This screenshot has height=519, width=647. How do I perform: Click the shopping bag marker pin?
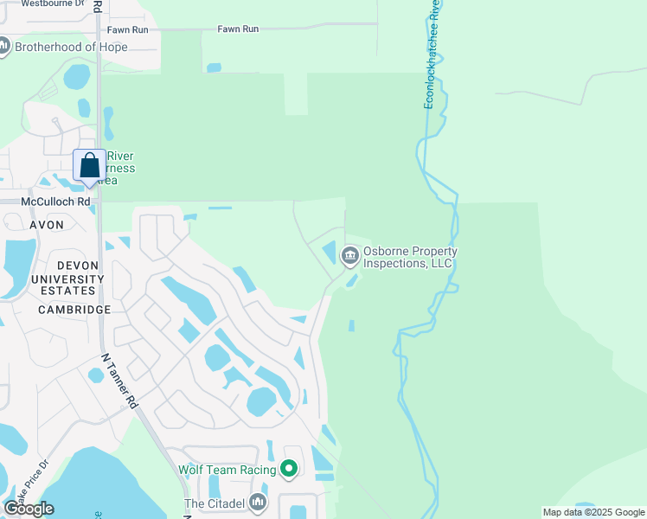click(90, 165)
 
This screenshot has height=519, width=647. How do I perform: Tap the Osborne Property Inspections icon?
click(350, 254)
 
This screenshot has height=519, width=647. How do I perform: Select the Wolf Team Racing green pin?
click(289, 470)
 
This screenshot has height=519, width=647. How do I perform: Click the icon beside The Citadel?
click(258, 503)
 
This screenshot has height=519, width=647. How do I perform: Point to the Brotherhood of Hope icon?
click(3, 47)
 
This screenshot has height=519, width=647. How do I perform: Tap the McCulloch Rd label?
click(57, 202)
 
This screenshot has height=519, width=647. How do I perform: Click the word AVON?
click(47, 225)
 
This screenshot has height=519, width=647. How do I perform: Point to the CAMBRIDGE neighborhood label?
click(74, 310)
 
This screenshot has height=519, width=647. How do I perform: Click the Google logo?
click(29, 508)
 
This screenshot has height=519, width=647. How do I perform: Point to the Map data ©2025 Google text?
click(593, 512)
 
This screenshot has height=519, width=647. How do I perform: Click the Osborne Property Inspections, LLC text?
click(409, 258)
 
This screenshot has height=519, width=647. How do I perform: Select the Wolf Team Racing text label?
click(227, 470)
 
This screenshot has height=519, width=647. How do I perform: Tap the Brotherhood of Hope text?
click(71, 47)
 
